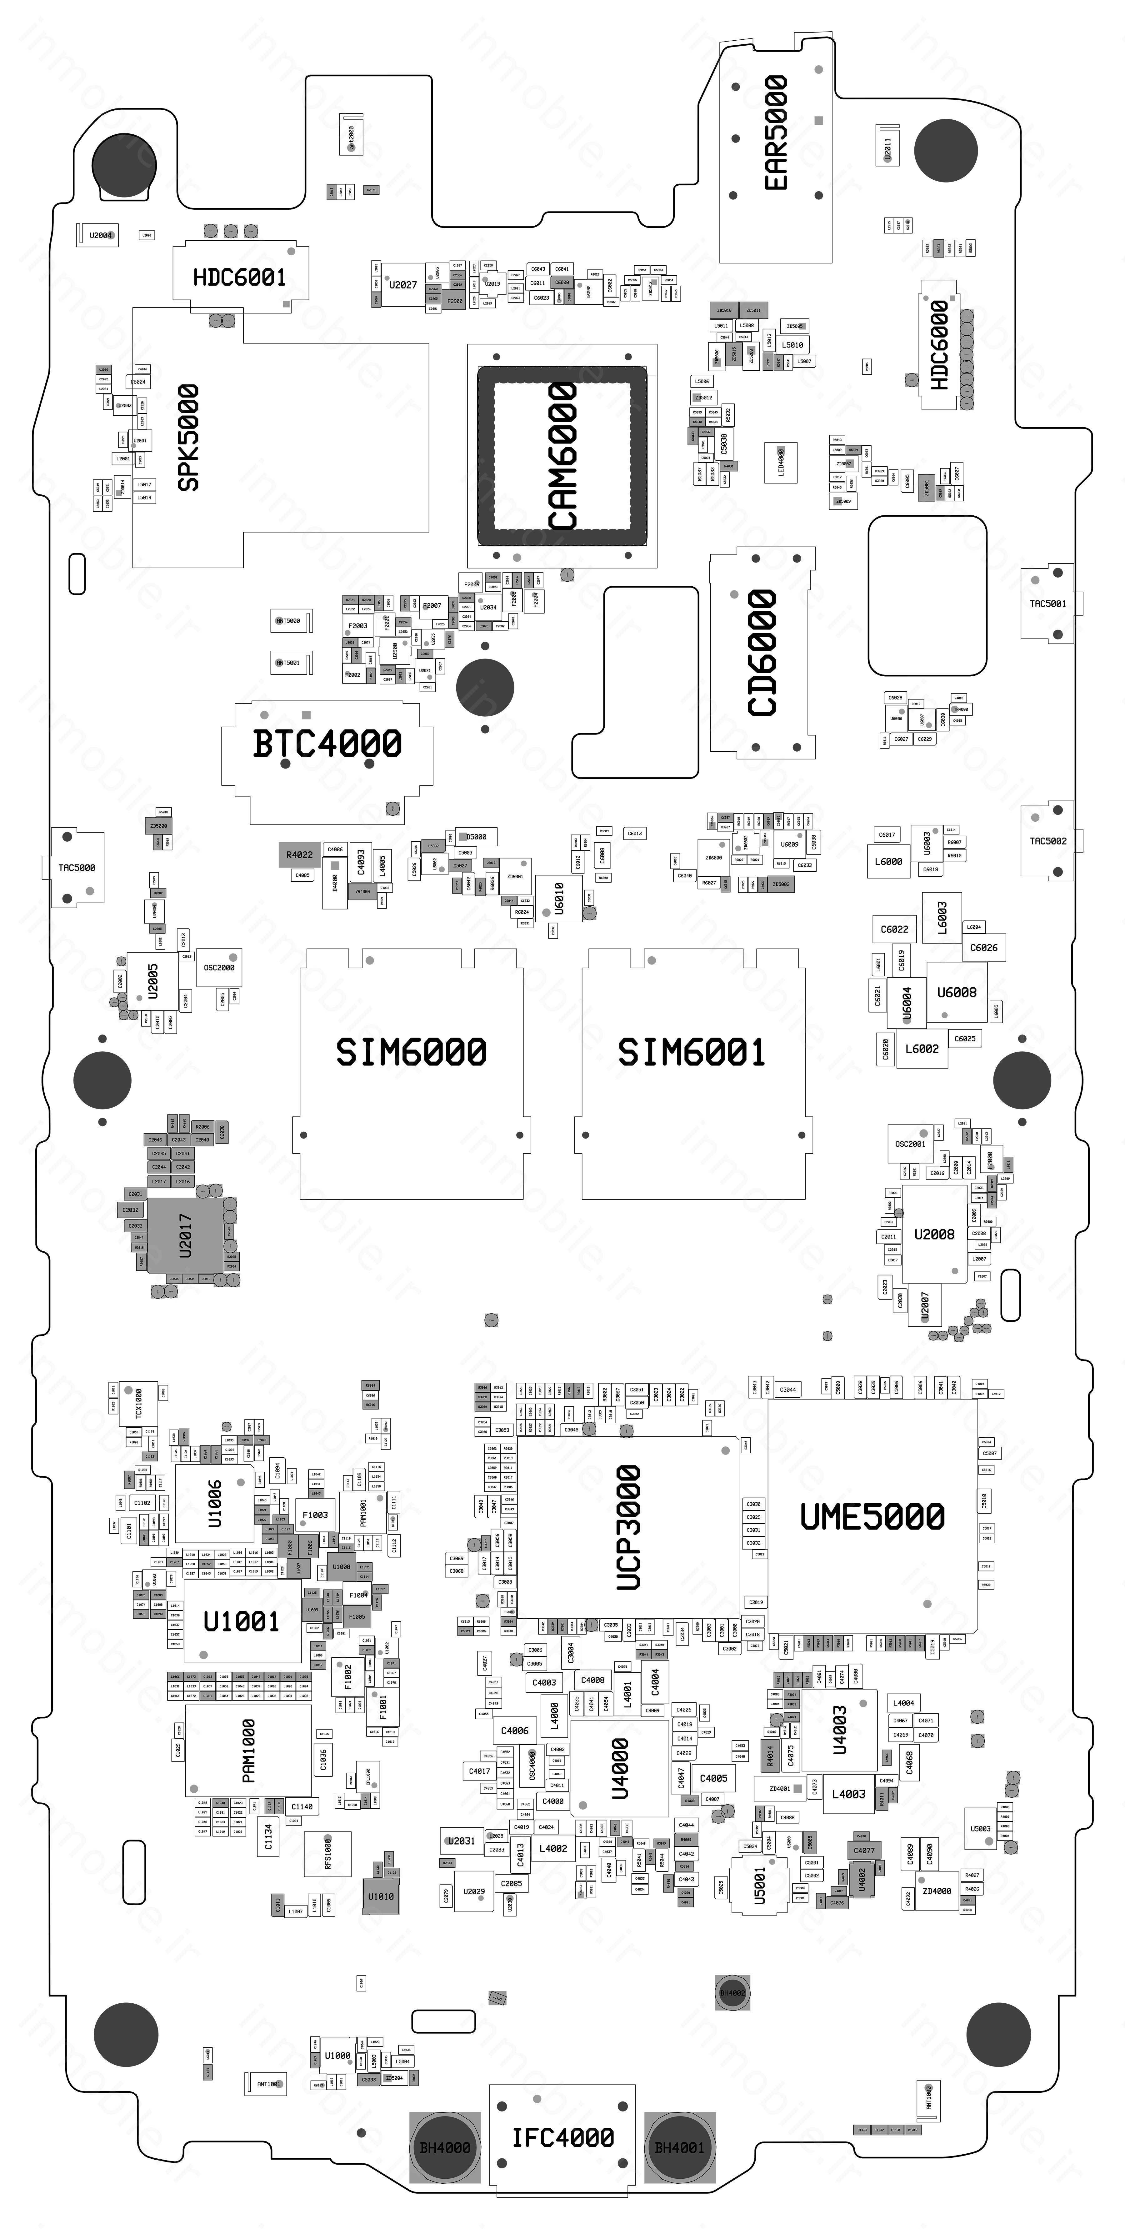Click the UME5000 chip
[872, 1516]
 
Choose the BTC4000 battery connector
[327, 744]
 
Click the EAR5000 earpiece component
[775, 134]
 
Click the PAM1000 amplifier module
[248, 1750]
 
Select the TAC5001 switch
[1047, 603]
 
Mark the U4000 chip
[620, 1768]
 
